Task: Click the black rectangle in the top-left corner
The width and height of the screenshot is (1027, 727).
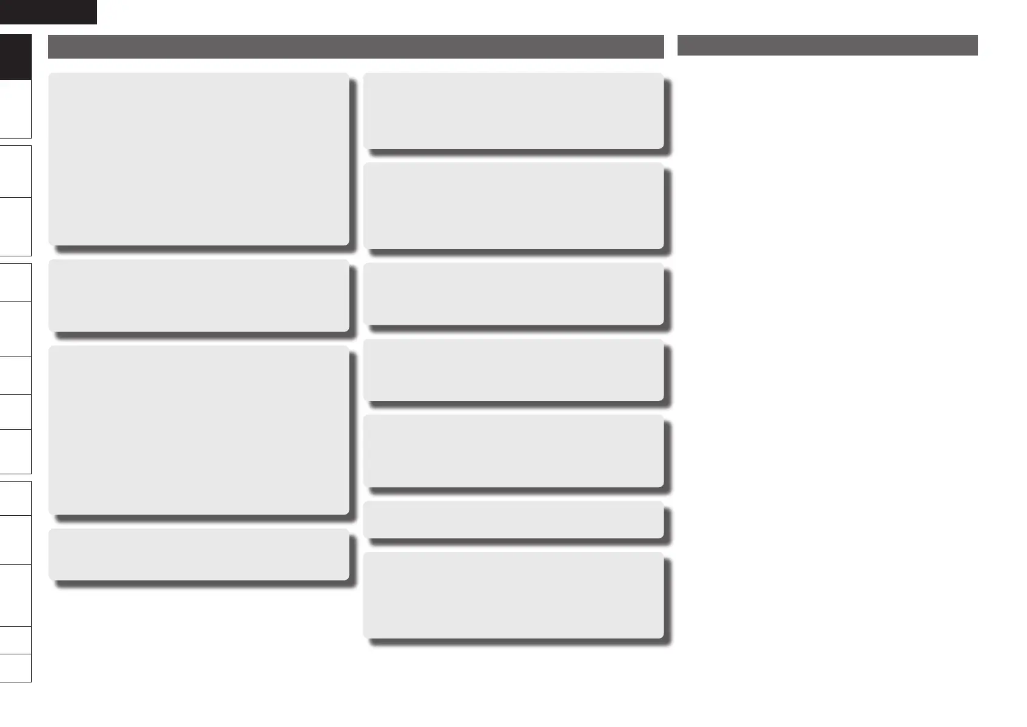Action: [48, 12]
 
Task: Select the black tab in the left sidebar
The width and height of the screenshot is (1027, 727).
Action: [15, 57]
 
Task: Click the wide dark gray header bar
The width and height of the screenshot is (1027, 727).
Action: [356, 47]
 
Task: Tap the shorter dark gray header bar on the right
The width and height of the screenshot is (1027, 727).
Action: [828, 45]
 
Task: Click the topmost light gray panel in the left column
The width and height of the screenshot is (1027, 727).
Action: [199, 159]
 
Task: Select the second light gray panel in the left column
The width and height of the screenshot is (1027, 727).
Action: [199, 295]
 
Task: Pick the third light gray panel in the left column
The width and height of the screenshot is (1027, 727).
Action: [199, 430]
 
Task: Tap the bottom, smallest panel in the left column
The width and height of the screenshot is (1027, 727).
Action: [199, 554]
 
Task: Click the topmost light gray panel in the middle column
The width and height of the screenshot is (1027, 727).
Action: [513, 110]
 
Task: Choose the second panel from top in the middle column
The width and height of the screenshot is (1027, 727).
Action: [513, 205]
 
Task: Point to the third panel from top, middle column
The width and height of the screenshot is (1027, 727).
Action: [513, 294]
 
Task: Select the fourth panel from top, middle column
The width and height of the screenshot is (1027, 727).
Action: [513, 370]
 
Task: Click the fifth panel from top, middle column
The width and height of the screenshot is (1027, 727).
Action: [513, 451]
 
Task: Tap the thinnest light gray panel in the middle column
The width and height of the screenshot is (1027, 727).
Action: [513, 519]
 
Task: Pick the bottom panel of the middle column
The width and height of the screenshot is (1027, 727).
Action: [513, 595]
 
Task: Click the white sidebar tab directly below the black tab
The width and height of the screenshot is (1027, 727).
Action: [15, 109]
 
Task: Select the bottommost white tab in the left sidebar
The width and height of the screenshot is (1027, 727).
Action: [15, 668]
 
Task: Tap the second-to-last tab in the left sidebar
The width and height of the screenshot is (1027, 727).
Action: [15, 640]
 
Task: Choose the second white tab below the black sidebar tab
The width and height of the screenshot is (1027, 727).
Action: [15, 172]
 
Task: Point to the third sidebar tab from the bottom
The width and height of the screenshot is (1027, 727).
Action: [15, 595]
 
